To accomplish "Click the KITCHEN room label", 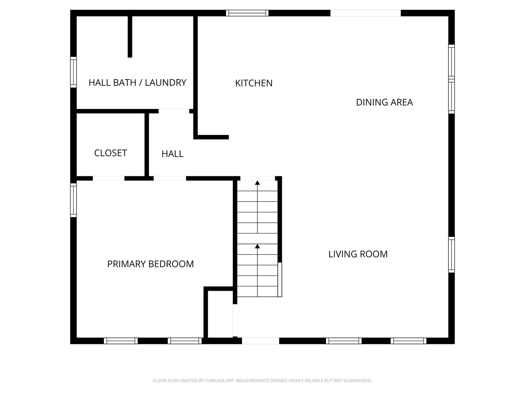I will pos(254,83).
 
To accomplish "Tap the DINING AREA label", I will pos(384,103).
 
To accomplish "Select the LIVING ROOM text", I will pos(358,254).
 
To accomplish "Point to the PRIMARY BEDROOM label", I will pos(150,264).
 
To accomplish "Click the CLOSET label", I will pos(110,153).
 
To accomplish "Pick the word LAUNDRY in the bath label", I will pos(166,83).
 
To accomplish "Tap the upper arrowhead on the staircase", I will pos(257,182).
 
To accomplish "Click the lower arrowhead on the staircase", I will pos(257,247).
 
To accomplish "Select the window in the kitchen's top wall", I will pos(247,13).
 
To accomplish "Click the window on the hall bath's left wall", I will pos(73,72).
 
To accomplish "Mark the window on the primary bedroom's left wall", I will pos(73,200).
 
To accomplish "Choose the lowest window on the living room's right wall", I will pos(451,255).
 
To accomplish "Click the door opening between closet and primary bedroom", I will pos(109,178).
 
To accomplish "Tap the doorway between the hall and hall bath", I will pos(174,111).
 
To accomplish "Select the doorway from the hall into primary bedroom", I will pos(170,178).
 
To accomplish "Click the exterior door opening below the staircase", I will pos(260,341).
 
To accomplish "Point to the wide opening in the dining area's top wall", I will pos(365,13).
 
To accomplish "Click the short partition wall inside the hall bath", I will pos(130,36).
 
